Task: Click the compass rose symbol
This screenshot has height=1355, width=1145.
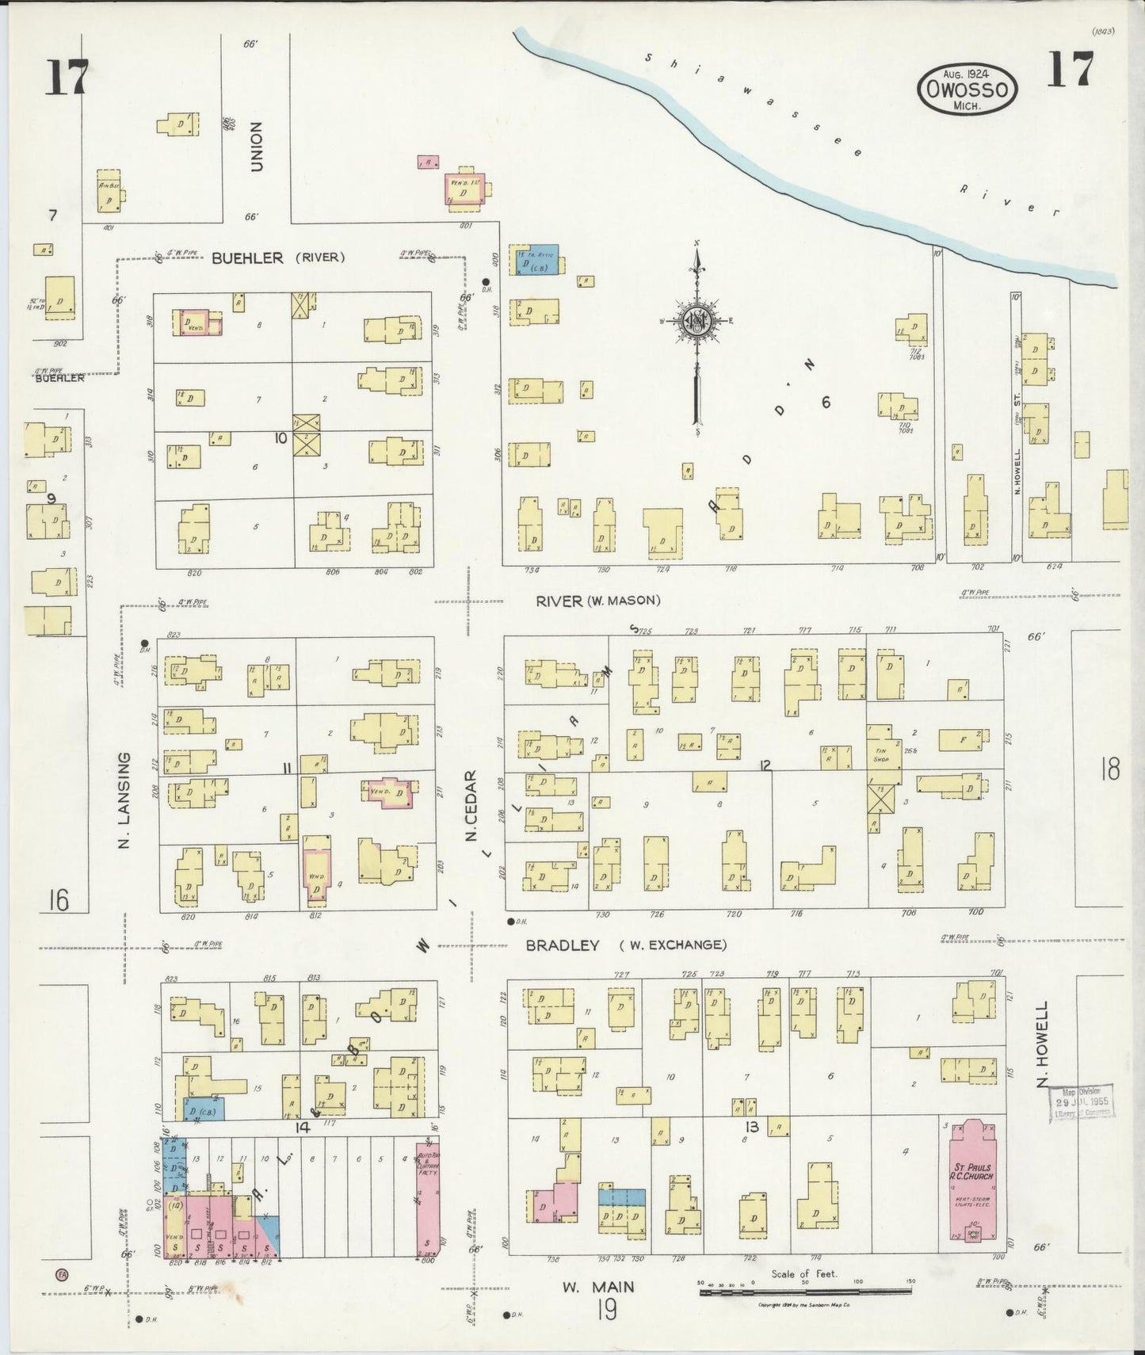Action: pos(697,322)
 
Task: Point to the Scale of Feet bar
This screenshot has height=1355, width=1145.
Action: pos(805,1292)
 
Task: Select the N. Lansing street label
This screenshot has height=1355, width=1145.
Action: pos(124,800)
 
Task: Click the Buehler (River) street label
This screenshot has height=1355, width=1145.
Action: pos(277,258)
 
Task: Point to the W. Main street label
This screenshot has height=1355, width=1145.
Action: pos(598,1287)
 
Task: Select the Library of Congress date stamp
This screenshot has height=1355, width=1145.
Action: pos(1082,1102)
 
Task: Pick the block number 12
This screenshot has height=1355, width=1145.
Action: pos(765,765)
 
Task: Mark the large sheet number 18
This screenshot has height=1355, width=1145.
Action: pos(1109,769)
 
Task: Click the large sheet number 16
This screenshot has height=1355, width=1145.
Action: pos(57,900)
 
